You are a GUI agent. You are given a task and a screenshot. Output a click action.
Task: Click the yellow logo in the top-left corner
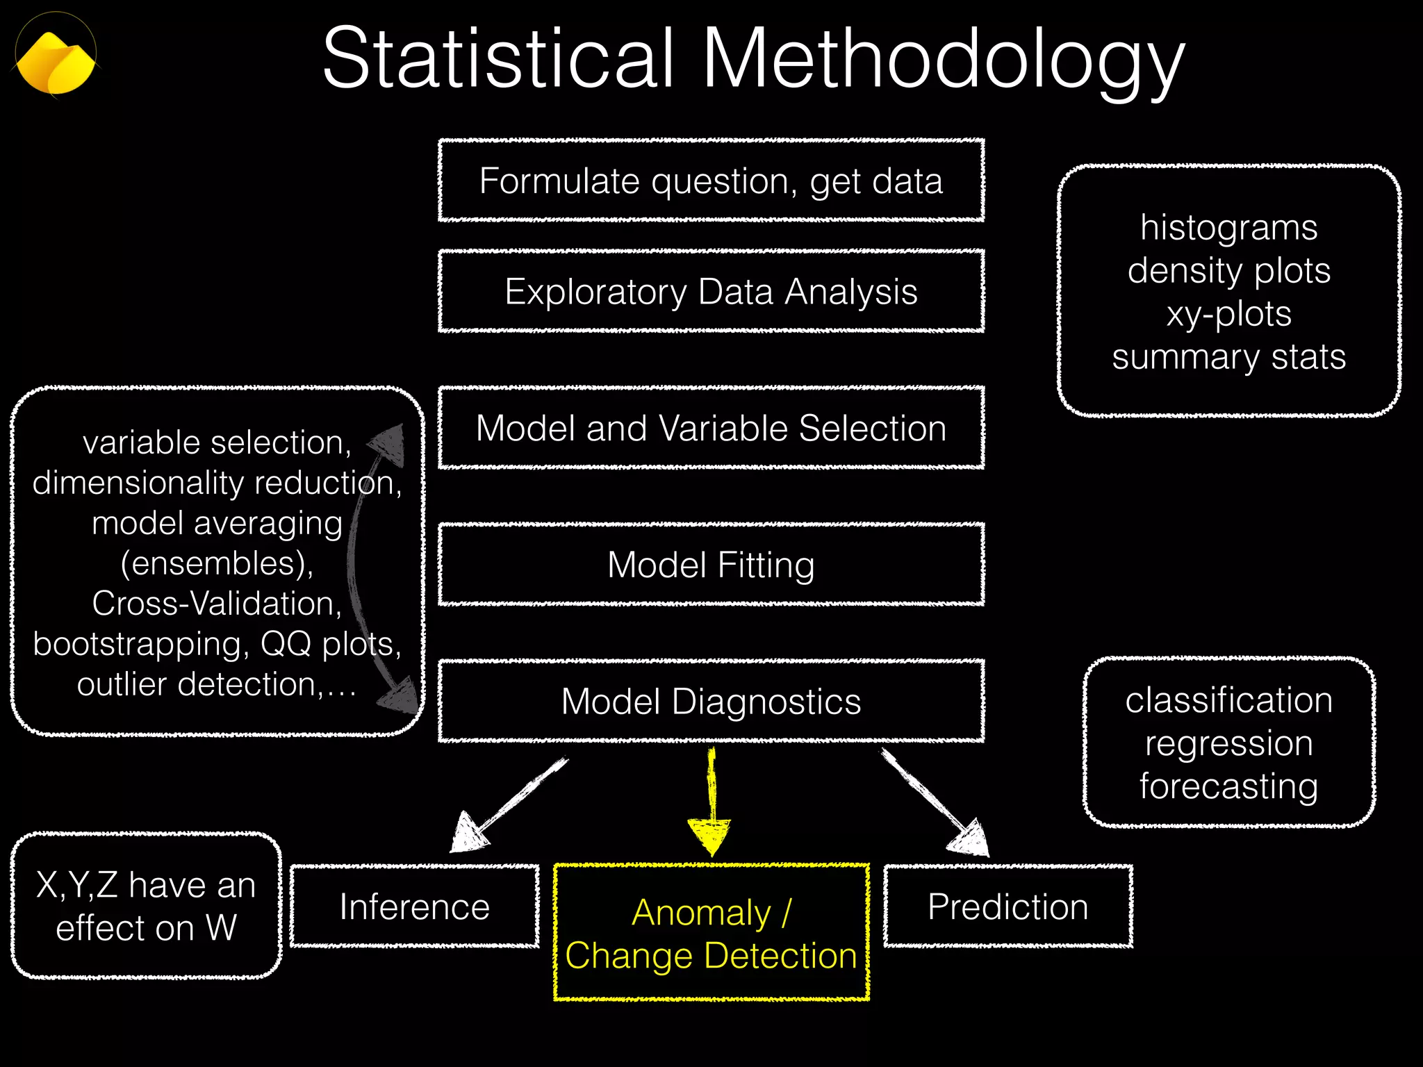coord(56,61)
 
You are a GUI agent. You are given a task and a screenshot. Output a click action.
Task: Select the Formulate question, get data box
coord(711,181)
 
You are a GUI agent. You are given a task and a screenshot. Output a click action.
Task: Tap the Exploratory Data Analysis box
coord(711,291)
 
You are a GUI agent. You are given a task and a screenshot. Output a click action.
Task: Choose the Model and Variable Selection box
coord(711,428)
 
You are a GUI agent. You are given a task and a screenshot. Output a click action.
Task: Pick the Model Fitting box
coord(711,565)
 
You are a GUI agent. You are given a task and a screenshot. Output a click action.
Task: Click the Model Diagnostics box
coord(711,701)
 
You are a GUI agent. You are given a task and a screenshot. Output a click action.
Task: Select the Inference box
coord(415,907)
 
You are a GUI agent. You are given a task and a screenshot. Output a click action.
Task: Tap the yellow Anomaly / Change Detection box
coord(711,933)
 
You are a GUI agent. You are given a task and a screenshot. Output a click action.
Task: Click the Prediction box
coord(1007,907)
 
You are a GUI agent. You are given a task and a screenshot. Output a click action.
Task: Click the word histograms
coord(1228,227)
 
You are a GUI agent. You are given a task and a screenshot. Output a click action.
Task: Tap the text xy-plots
coord(1228,313)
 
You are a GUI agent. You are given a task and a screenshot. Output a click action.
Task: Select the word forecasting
coord(1228,786)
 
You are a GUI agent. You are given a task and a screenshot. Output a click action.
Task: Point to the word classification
coord(1228,700)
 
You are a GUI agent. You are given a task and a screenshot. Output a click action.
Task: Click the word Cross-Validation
coord(217,603)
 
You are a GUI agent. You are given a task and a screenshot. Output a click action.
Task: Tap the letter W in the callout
coord(222,927)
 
